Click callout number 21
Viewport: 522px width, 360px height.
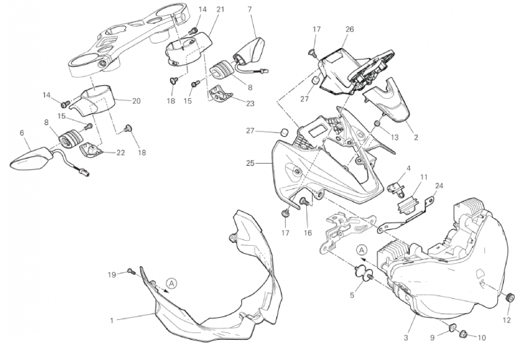[x=220, y=9]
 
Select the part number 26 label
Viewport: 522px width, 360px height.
[x=350, y=29]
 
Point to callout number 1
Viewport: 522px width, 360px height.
[x=111, y=319]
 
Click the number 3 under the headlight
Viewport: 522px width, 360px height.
[x=406, y=337]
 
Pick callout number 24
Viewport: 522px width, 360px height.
[x=438, y=186]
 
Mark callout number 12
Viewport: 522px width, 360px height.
[x=507, y=319]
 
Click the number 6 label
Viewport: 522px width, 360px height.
[x=22, y=133]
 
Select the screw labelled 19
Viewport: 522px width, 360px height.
[x=131, y=271]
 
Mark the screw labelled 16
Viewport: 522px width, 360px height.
[x=302, y=201]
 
